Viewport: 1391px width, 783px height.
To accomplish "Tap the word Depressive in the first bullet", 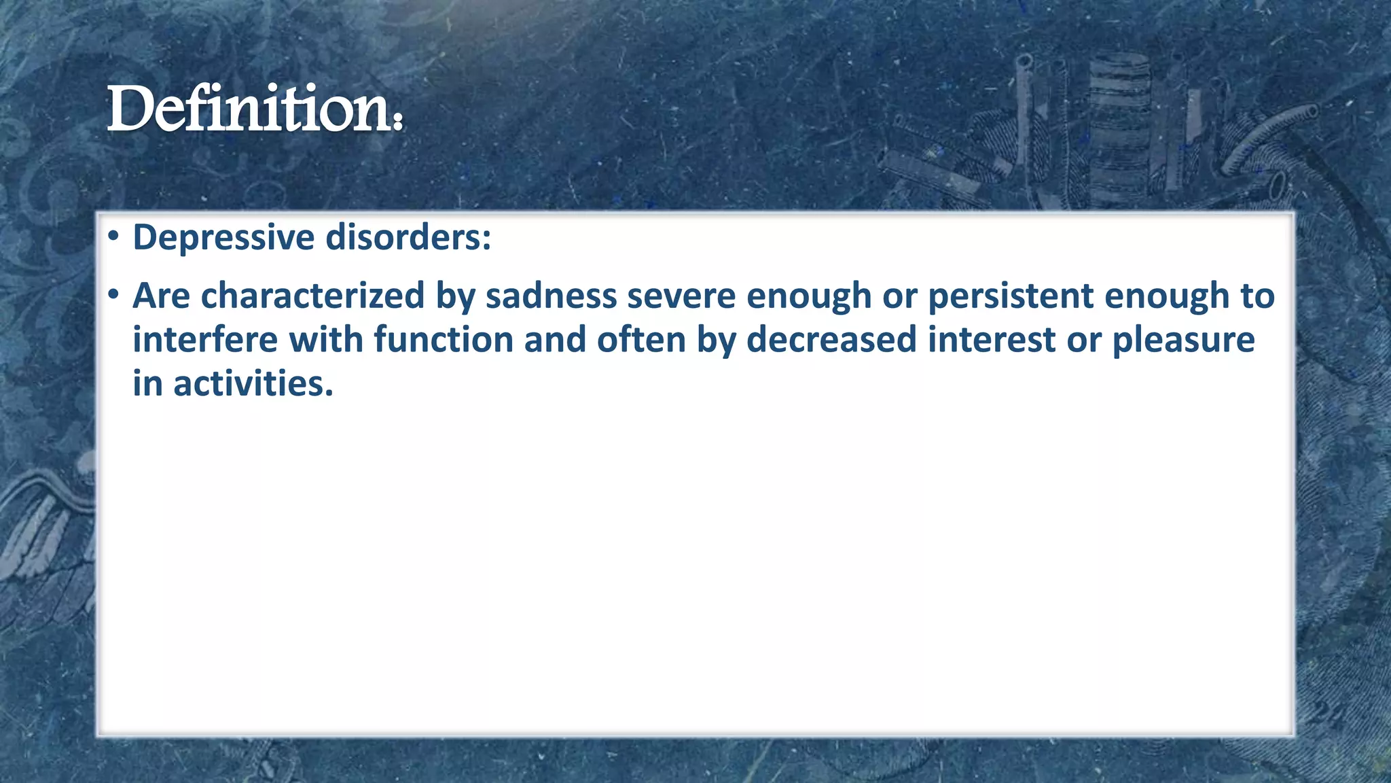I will (x=223, y=238).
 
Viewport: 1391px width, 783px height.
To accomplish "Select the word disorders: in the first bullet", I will (x=408, y=238).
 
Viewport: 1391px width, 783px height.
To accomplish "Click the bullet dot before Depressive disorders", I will (x=113, y=237).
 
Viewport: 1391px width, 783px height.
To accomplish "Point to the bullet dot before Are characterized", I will (x=113, y=295).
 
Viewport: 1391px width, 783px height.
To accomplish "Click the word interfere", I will (x=204, y=340).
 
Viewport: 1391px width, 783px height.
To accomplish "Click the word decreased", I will (x=831, y=340).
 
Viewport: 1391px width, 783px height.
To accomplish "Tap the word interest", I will (x=992, y=340).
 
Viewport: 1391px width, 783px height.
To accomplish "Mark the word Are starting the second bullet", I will (x=161, y=296).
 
